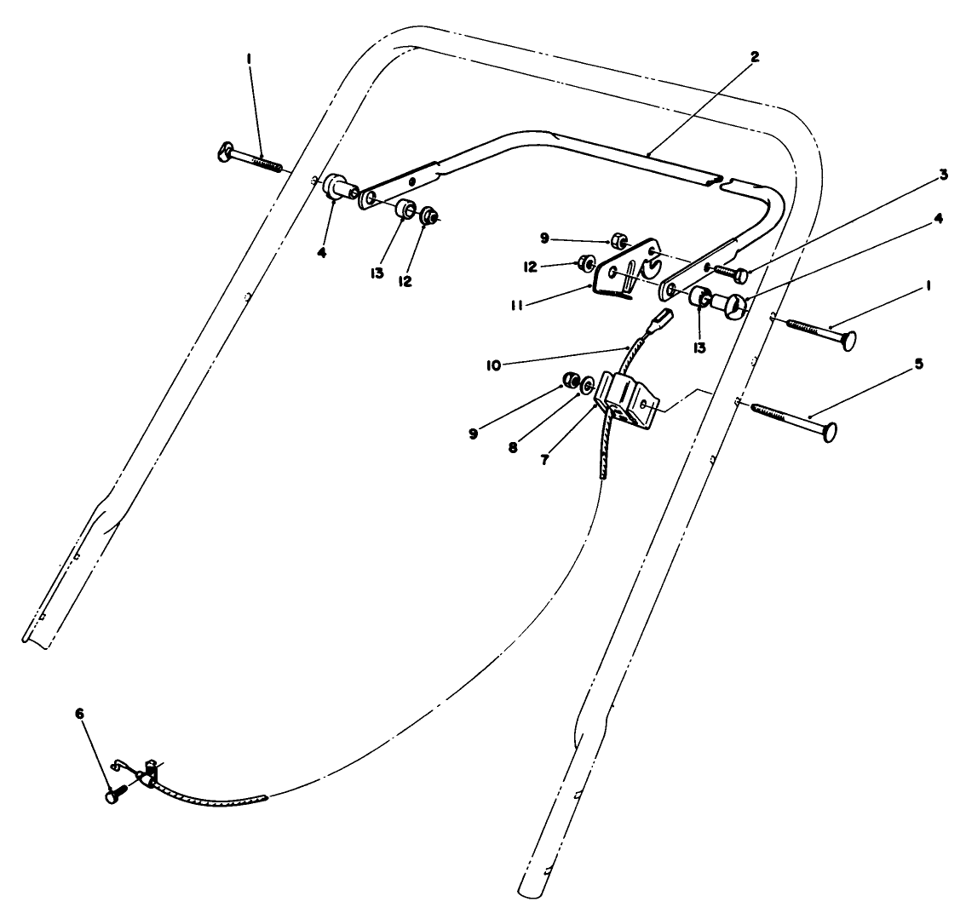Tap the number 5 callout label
click(918, 363)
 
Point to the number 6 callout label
click(80, 715)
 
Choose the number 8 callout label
click(514, 446)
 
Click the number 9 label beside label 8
click(474, 434)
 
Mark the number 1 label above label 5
click(928, 288)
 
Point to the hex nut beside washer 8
click(571, 379)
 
